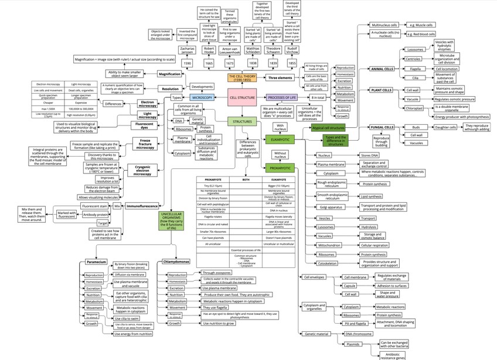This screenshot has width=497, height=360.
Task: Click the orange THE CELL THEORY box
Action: [242, 77]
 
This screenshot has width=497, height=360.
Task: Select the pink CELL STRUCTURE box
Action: [242, 97]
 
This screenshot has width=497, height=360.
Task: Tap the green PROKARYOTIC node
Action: [281, 168]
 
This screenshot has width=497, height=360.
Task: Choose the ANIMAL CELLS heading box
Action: [382, 69]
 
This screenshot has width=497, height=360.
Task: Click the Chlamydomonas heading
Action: [178, 261]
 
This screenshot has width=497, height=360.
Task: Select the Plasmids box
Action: [353, 344]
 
